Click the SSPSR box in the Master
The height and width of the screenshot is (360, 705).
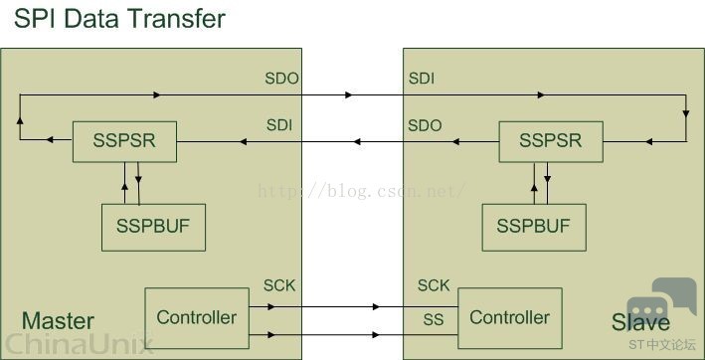pos(124,141)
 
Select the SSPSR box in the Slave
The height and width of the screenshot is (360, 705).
pos(551,141)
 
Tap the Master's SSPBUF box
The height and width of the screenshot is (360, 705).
pos(153,228)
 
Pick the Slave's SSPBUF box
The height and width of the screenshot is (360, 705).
pos(534,228)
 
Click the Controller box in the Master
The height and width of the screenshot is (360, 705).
pos(197,318)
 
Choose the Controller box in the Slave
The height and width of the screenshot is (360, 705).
pos(510,318)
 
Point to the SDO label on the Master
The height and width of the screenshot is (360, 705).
pos(281,79)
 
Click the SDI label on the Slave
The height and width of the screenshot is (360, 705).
pos(422,79)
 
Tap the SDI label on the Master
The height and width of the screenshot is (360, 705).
pos(279,125)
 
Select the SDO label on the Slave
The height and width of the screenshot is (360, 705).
pos(425,125)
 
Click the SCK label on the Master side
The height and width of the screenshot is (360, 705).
pos(279,285)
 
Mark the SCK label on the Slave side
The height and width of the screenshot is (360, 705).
pos(434,285)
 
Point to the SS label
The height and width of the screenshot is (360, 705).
pos(434,319)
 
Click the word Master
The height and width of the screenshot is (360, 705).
pos(58,321)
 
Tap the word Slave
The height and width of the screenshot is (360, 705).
pos(640,322)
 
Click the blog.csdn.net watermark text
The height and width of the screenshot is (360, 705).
pos(361,192)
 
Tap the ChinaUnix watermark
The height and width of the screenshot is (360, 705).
pos(78,345)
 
